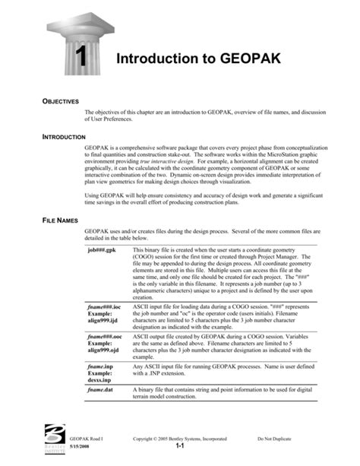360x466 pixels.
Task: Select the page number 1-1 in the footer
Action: pos(180,448)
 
